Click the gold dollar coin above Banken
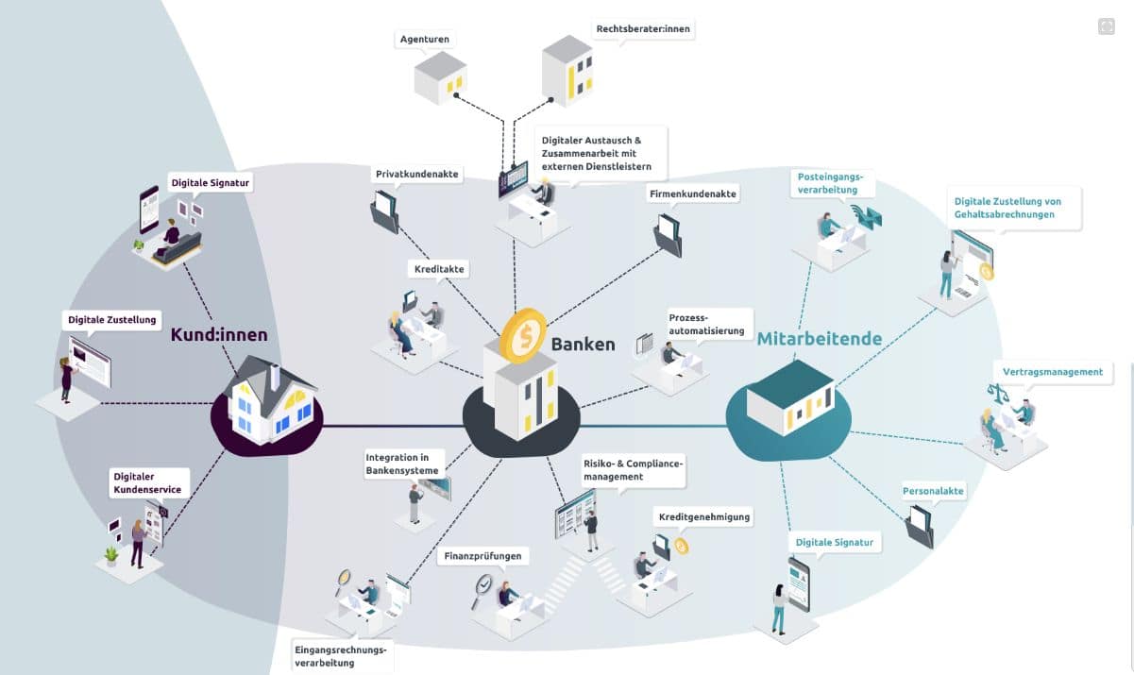click(x=523, y=334)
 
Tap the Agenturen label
click(x=425, y=39)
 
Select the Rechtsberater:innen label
click(x=642, y=29)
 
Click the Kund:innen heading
click(x=219, y=334)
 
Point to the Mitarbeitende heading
click(x=820, y=338)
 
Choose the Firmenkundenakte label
click(x=692, y=194)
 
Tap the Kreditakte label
click(x=439, y=269)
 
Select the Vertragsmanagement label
click(x=1053, y=372)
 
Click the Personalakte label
click(x=933, y=491)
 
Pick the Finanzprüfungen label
click(x=482, y=556)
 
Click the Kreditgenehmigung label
click(x=704, y=516)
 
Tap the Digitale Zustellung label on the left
click(x=112, y=320)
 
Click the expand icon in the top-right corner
click(x=1107, y=26)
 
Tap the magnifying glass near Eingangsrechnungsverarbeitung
click(x=343, y=577)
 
